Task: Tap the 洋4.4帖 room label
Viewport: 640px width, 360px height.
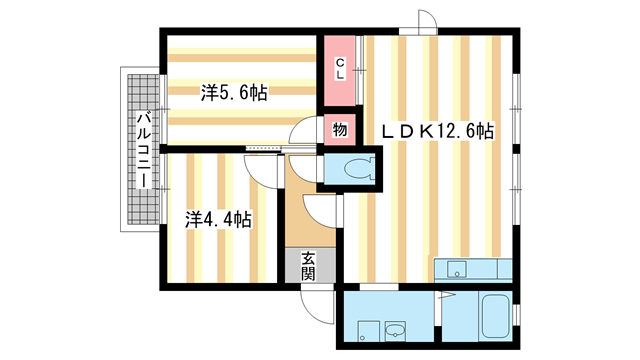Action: tap(217, 218)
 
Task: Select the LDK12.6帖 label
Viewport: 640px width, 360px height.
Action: tap(437, 130)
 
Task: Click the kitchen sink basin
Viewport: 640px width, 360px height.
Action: tap(457, 268)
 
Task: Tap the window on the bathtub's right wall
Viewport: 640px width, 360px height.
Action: tap(517, 318)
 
